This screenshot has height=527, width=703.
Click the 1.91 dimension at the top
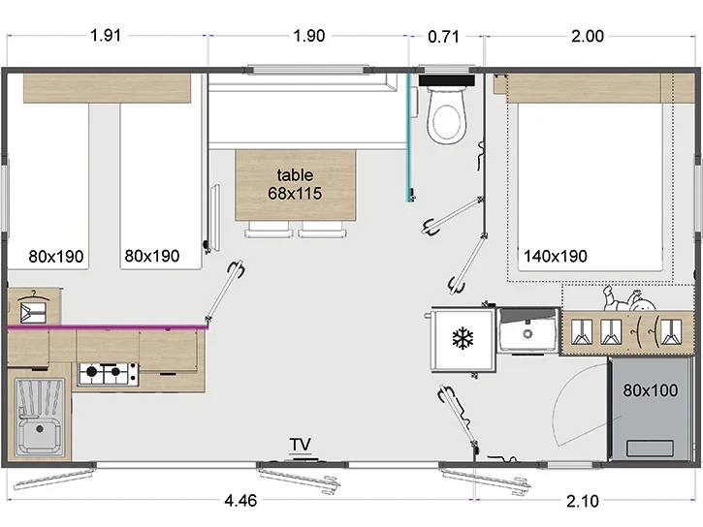(106, 35)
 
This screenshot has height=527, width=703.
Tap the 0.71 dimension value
(443, 36)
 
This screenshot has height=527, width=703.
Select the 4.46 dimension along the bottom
(240, 500)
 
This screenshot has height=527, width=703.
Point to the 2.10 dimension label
(583, 501)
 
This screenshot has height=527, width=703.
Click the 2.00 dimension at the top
(588, 36)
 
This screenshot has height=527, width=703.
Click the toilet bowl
(447, 116)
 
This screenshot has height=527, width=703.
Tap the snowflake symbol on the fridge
(463, 338)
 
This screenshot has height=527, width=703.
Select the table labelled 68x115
(296, 185)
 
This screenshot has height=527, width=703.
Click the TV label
(300, 445)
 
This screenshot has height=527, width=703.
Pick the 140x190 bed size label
(556, 256)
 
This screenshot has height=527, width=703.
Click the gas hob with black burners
(108, 374)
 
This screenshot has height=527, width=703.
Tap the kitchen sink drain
(40, 429)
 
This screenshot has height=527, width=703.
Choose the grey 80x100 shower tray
(650, 409)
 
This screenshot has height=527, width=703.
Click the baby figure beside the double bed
(629, 298)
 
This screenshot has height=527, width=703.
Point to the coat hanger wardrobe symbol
(33, 306)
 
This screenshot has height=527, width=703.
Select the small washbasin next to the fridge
(528, 329)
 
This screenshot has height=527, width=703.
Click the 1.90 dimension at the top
(309, 36)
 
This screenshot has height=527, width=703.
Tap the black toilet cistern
(447, 80)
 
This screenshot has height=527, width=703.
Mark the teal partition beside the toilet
(409, 138)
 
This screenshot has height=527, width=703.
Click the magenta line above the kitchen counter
(108, 327)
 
